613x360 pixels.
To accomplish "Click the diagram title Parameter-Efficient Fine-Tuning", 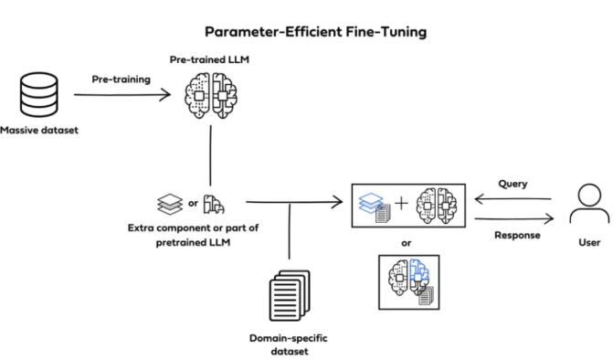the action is [x=315, y=32].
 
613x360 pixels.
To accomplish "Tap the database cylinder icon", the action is [x=39, y=95].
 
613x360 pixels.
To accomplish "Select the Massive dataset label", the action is [x=39, y=130].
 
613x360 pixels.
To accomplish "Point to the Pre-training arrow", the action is [x=122, y=95].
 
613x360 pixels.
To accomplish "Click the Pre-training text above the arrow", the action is [x=122, y=79].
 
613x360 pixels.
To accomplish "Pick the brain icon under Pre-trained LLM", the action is [x=211, y=96].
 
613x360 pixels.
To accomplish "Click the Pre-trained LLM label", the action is [x=209, y=59].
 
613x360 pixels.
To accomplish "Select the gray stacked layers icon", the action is [x=170, y=204].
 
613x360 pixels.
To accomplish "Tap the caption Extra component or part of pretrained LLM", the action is [x=193, y=235].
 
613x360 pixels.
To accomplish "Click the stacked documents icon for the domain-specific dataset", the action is [x=290, y=295].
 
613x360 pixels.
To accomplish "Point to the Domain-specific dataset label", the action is [x=289, y=344].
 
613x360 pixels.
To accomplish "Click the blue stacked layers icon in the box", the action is [x=371, y=203].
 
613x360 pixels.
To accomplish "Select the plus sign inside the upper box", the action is [x=401, y=203].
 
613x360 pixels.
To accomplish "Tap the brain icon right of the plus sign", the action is [x=437, y=206].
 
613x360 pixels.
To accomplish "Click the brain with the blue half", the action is [x=408, y=278].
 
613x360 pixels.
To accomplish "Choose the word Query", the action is [x=513, y=184].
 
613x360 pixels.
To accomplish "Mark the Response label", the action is [x=517, y=236].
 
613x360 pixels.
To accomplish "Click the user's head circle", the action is [x=589, y=195].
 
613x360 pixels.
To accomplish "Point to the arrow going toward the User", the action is [x=514, y=219].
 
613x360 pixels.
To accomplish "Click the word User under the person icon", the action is [x=589, y=243].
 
